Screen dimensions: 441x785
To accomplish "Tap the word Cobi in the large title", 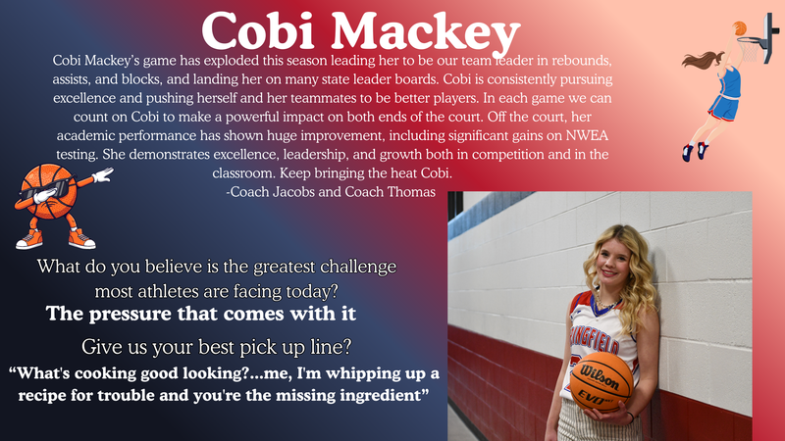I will pyautogui.click(x=260, y=30).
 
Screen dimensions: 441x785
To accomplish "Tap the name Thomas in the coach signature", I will pyautogui.click(x=403, y=192).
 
